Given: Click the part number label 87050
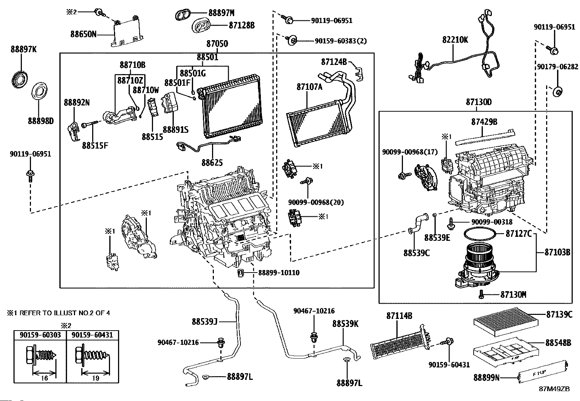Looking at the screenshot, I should [217, 44].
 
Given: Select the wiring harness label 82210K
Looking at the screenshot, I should [455, 40].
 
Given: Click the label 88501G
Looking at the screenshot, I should [193, 73].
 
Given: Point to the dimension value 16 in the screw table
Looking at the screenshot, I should [44, 378].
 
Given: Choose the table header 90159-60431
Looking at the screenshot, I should [93, 335].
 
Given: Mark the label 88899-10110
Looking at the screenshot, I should [279, 273].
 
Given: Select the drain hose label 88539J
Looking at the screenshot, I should [204, 321].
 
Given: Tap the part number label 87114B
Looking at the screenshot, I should [399, 316].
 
